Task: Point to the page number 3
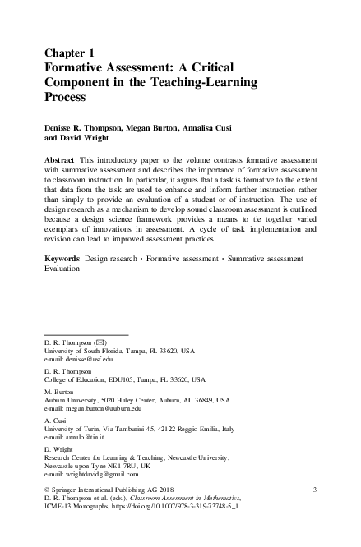315,490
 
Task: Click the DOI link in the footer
182,509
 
